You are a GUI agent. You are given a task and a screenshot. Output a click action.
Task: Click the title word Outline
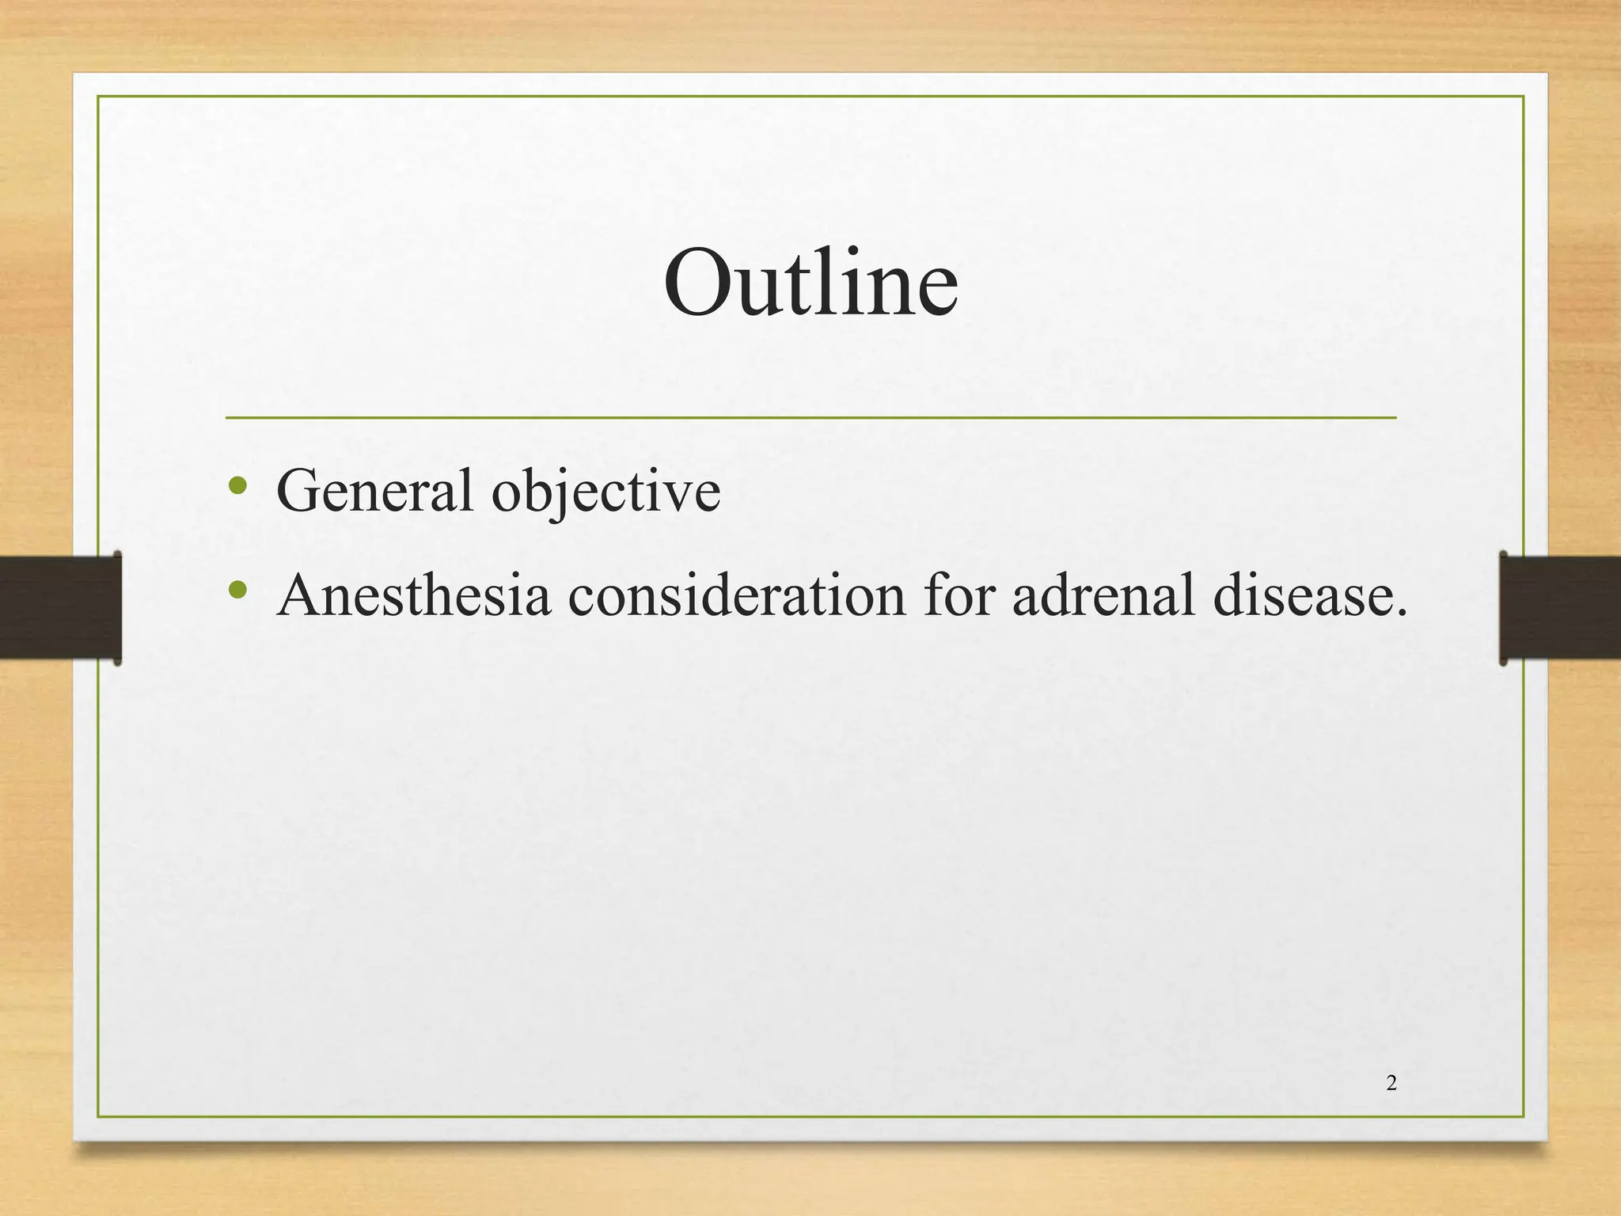810,283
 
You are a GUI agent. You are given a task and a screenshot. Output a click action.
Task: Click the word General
376,491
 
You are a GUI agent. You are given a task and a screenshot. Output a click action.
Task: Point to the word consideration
736,595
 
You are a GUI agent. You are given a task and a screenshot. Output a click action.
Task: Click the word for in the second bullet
956,595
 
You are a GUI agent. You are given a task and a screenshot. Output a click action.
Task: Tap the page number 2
1391,1083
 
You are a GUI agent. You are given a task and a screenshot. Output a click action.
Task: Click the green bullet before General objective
236,485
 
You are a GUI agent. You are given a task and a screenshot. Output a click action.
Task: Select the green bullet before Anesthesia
236,590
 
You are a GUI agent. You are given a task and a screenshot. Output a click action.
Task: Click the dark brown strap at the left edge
59,607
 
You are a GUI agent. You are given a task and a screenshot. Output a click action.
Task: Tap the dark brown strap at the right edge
1559,607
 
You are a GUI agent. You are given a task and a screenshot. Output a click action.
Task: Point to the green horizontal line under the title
810,417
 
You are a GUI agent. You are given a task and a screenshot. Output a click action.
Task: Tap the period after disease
1402,613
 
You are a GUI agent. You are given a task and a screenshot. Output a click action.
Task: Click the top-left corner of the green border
98,97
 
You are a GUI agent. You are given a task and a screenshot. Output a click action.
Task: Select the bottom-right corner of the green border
1523,1116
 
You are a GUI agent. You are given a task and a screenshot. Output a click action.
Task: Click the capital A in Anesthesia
304,595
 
